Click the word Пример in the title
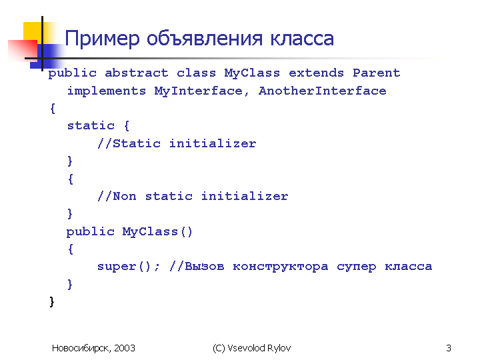pos(102,39)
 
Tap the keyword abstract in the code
pos(136,73)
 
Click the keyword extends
pos(316,73)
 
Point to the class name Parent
pos(377,73)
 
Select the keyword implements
pos(107,91)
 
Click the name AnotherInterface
pos(323,91)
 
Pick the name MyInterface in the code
pos(199,91)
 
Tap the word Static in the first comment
pos(137,143)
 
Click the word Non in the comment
pos(125,196)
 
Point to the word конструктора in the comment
pos(281,267)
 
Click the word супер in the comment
pos(356,267)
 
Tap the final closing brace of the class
pos(52,301)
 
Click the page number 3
pos(449,348)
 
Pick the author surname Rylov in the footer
pos(279,349)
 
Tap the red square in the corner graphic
pos(23,50)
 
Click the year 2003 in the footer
pos(125,348)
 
